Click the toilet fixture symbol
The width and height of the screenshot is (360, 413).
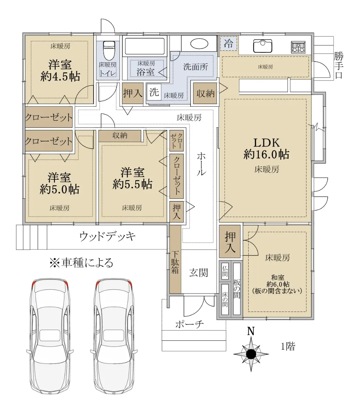click(109, 50)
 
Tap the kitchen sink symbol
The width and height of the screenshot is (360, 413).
click(262, 46)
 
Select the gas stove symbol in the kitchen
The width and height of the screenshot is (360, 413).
click(298, 47)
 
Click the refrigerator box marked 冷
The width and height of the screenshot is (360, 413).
click(228, 43)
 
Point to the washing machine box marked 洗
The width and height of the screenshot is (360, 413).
click(154, 92)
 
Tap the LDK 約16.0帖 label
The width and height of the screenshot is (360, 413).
click(266, 148)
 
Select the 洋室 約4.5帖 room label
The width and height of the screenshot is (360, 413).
click(60, 70)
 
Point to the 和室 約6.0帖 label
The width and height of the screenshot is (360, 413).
click(277, 281)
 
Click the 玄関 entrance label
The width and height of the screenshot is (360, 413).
click(198, 273)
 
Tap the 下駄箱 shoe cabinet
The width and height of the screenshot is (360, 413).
click(175, 259)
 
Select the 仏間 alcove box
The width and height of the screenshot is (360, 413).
click(225, 271)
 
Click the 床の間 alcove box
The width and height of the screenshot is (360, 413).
click(225, 299)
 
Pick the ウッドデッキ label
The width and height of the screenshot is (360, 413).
click(107, 236)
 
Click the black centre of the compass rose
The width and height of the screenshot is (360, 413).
click(251, 354)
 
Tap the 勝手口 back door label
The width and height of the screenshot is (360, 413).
click(338, 65)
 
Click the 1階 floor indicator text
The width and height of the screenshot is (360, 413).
click(288, 346)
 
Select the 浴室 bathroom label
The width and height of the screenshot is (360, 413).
click(145, 72)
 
